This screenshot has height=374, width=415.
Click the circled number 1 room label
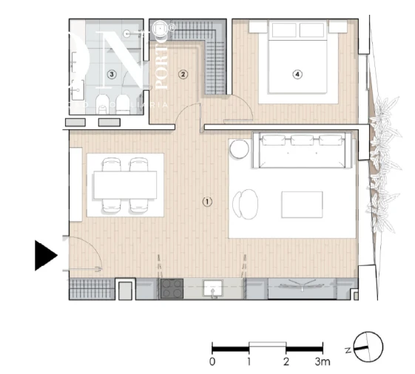pyautogui.click(x=207, y=201)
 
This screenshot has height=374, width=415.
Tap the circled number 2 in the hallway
pyautogui.click(x=183, y=74)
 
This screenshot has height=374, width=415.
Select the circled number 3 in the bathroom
pyautogui.click(x=111, y=74)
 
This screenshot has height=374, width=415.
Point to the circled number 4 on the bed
pyautogui.click(x=297, y=74)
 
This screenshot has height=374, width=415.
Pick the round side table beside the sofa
pyautogui.click(x=240, y=149)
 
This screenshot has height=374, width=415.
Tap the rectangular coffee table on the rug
pyautogui.click(x=302, y=204)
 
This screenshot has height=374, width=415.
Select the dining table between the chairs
pyautogui.click(x=125, y=185)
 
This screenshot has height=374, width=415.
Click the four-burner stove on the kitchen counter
pyautogui.click(x=172, y=289)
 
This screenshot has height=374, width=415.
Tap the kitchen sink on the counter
pyautogui.click(x=214, y=288)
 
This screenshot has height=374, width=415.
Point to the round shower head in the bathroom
pyautogui.click(x=127, y=33)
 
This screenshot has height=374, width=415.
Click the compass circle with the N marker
pyautogui.click(x=368, y=347)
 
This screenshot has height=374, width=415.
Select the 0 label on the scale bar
pyautogui.click(x=212, y=362)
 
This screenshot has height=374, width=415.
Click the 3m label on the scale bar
pyautogui.click(x=323, y=362)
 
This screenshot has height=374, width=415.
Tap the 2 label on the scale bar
pyautogui.click(x=286, y=362)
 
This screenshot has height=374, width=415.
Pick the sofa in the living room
pyautogui.click(x=303, y=149)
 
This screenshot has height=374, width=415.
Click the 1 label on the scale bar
pyautogui.click(x=249, y=362)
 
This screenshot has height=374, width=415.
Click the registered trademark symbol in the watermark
pyautogui.click(x=172, y=28)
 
